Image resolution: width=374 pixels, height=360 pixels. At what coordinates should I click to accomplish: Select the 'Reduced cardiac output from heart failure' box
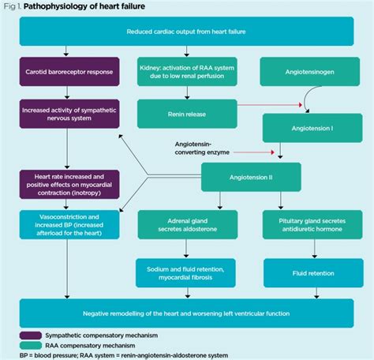click(x=186, y=32)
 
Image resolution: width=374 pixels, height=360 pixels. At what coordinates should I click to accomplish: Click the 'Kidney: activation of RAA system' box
click(x=186, y=71)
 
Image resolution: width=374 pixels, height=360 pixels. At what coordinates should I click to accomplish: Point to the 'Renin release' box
click(x=186, y=113)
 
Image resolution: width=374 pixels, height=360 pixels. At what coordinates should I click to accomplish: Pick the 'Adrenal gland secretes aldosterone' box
click(x=186, y=223)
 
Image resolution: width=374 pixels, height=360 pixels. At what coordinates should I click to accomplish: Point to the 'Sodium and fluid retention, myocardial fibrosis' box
click(x=186, y=272)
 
